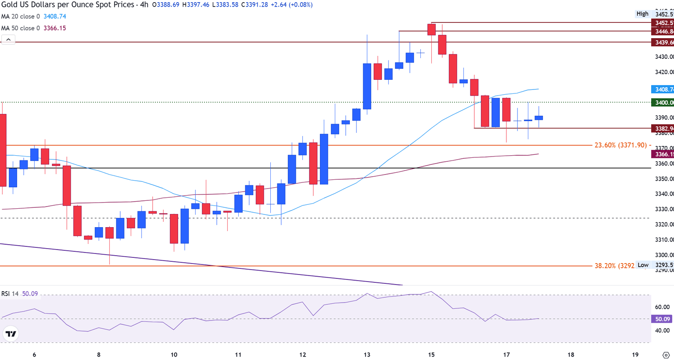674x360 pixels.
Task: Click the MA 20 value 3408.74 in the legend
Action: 55,16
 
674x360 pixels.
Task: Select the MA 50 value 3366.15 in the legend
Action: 55,28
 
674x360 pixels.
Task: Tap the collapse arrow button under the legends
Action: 8,39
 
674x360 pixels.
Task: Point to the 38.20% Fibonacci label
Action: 614,266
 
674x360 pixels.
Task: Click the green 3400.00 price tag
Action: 663,103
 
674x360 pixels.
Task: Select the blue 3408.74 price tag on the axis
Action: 663,89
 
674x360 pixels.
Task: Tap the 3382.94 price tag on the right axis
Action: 663,128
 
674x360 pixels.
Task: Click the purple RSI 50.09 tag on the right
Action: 663,319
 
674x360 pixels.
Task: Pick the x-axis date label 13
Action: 367,355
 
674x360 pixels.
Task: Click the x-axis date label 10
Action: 174,355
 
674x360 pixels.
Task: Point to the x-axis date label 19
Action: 635,355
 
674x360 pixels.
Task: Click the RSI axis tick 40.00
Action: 663,331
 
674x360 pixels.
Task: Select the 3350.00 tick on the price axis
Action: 663,179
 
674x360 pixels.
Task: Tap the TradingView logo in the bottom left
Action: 11,334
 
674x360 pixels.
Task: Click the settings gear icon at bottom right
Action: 666,355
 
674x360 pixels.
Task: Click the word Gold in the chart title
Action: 9,5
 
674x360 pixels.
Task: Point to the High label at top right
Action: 642,14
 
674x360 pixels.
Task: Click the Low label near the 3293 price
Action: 643,265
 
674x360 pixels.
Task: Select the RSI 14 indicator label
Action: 10,294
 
